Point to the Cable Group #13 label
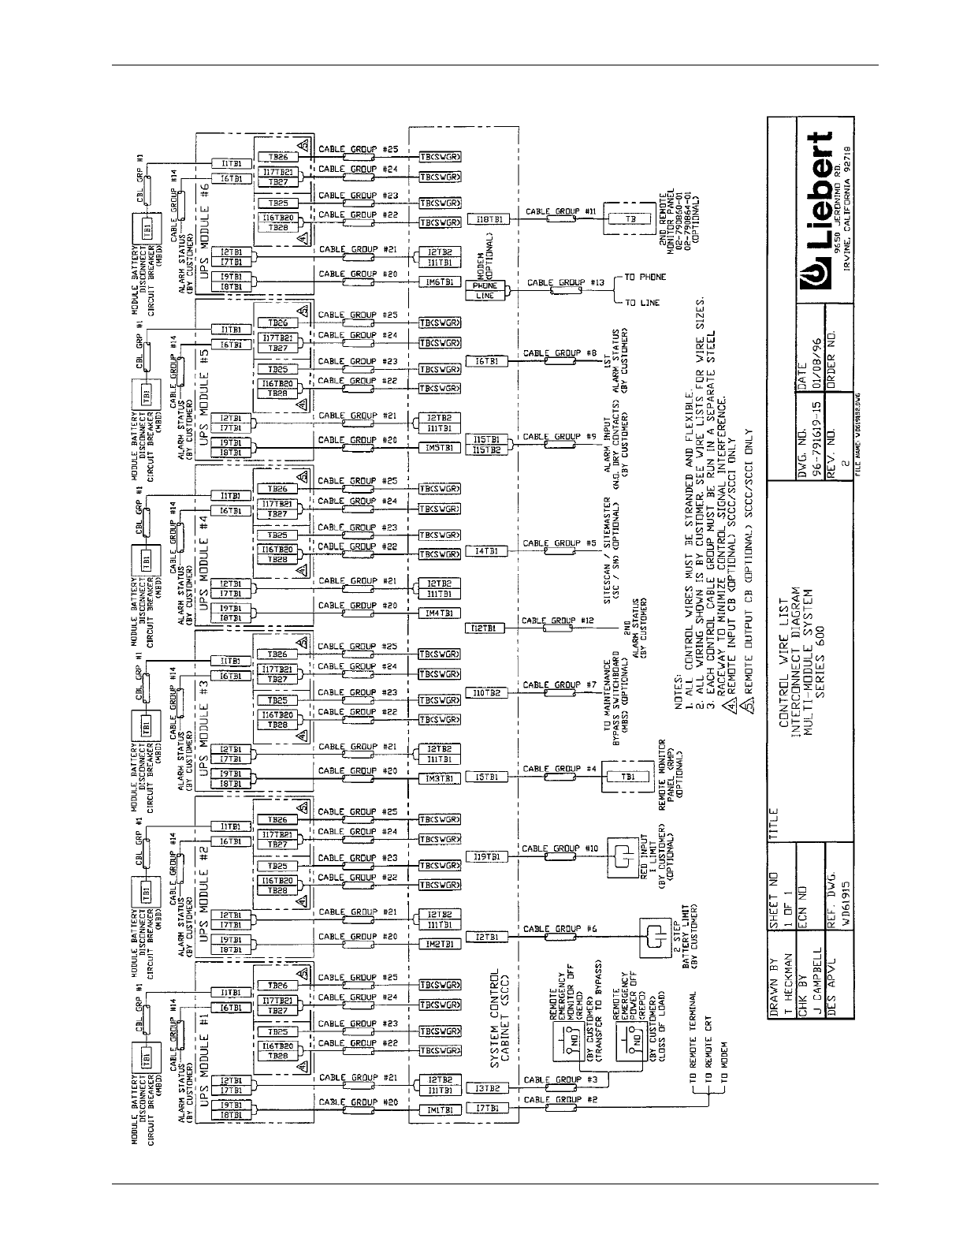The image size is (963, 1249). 555,282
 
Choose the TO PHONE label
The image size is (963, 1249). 645,277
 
